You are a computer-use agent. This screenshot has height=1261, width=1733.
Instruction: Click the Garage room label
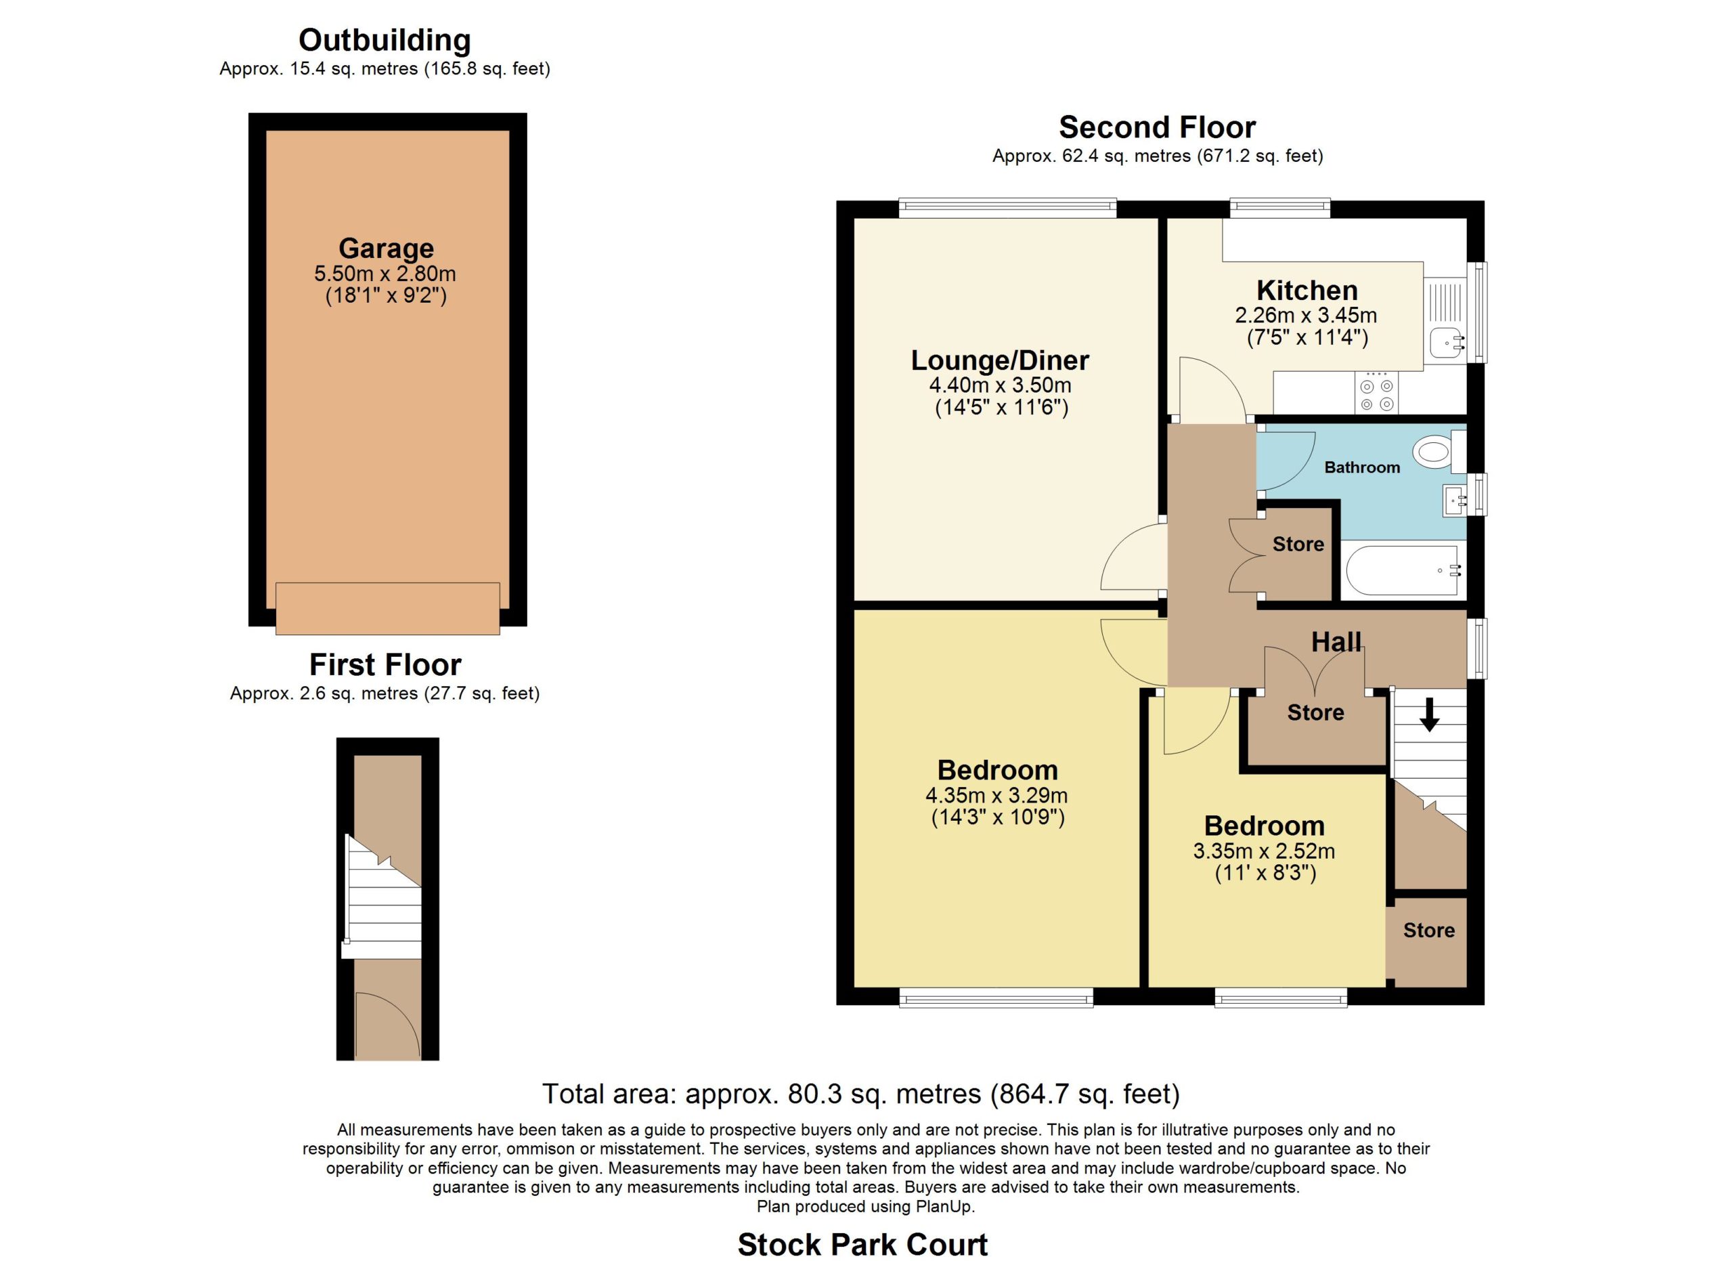[x=386, y=249]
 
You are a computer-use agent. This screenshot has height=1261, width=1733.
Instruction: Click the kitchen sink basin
[x=1447, y=343]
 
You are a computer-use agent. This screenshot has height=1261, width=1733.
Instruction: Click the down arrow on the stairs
[x=1429, y=713]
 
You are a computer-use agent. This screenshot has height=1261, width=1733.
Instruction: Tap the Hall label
[x=1336, y=642]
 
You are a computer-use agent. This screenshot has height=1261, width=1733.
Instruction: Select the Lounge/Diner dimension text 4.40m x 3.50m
[x=1001, y=385]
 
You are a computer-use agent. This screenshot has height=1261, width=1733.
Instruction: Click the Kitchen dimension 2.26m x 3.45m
[x=1307, y=315]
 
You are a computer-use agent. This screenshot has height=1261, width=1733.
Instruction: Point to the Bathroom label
[x=1363, y=467]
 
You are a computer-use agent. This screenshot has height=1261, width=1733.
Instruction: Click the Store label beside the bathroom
[x=1298, y=544]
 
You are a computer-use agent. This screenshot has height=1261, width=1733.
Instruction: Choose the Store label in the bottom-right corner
[x=1429, y=930]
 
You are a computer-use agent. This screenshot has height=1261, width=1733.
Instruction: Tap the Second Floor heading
[x=1158, y=127]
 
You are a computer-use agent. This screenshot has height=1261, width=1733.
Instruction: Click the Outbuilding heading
[x=385, y=41]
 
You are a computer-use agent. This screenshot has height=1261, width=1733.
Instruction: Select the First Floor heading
[x=385, y=665]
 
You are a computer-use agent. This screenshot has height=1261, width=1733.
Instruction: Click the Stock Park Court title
[x=862, y=1244]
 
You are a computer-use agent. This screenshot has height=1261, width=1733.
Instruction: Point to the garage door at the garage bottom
[x=387, y=608]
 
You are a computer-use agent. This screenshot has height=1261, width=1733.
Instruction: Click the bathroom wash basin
[x=1455, y=500]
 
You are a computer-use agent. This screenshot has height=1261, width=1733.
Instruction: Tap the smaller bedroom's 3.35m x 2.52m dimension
[x=1265, y=851]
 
